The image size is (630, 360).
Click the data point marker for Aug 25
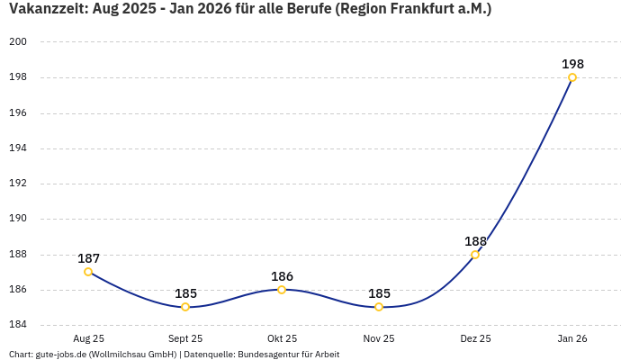[88, 272]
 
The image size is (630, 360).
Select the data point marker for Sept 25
[185, 307]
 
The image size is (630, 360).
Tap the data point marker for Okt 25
[282, 290]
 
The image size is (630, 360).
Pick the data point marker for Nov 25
[379, 307]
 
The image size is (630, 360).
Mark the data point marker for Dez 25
[475, 255]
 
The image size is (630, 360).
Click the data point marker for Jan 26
[572, 77]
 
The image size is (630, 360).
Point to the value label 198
[572, 64]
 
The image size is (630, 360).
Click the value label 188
[475, 241]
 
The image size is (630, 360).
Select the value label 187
[88, 258]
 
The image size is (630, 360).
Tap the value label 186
[282, 276]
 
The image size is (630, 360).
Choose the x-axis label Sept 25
[185, 338]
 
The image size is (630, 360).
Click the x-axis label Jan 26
[572, 338]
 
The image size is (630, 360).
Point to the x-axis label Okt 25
[282, 338]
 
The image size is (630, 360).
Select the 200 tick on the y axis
[19, 42]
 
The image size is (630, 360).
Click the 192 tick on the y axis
[19, 184]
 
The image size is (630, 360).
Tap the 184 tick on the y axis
[19, 325]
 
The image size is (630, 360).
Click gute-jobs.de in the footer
[60, 355]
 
